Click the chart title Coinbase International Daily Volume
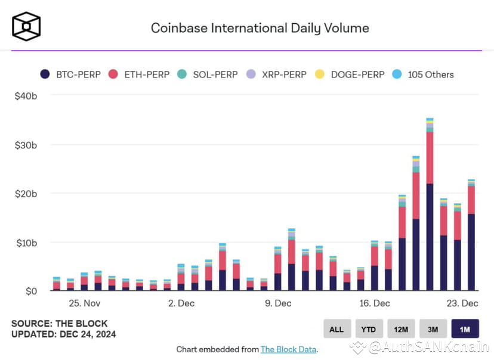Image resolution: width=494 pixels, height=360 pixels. pos(260,28)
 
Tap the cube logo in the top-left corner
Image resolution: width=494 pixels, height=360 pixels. pos(27,27)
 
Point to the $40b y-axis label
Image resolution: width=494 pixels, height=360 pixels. pos(27,97)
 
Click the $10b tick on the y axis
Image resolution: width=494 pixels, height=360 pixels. pos(27,243)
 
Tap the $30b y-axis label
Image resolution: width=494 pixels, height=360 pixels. pos(27,145)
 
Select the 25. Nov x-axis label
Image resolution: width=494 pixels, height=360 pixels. pos(84,303)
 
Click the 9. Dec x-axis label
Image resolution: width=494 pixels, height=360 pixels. pos(278,303)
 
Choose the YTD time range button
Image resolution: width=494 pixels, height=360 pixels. pos(369,329)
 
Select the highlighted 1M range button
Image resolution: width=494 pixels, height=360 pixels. pos(465,329)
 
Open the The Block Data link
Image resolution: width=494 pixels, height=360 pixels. pos(288,349)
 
